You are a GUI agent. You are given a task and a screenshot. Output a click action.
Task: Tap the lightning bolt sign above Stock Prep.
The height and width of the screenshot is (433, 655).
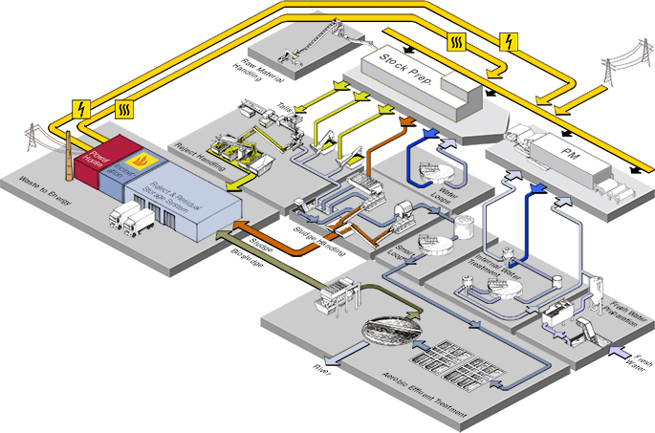coord(509,41)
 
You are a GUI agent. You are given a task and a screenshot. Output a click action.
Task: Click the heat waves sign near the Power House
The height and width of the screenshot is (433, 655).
coord(124,107)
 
